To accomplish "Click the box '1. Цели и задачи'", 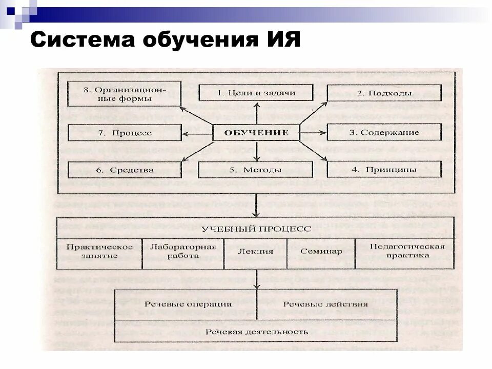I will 255,93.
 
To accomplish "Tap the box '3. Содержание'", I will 384,132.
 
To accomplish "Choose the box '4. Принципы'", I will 384,169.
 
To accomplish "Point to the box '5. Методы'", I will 255,169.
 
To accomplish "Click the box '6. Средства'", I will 125,169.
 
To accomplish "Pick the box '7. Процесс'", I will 125,132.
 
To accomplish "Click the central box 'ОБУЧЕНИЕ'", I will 256,132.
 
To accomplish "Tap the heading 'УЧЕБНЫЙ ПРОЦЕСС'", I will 256,229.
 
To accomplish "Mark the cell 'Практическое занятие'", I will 99,251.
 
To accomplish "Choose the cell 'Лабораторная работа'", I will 182,251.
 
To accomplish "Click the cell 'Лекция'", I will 255,252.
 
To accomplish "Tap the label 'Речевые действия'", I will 325,304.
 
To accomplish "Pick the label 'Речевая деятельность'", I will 256,332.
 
